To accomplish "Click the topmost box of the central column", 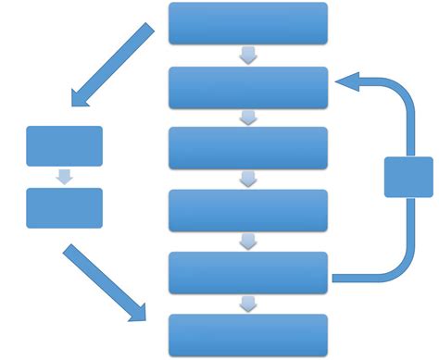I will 248,23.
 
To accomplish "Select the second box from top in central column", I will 248,87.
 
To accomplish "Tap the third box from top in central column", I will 248,148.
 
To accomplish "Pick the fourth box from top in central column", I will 248,210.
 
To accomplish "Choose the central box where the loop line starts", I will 248,272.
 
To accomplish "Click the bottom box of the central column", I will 248,334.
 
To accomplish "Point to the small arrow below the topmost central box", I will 248,56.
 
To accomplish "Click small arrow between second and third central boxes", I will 248,118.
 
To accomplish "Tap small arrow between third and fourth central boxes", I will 248,180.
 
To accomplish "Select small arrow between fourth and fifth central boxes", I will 248,242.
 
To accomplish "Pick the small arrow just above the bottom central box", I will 248,304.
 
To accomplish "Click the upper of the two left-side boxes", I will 64,146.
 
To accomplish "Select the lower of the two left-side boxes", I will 64,207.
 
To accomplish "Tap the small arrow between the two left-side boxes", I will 64,177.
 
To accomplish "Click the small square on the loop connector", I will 408,177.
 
